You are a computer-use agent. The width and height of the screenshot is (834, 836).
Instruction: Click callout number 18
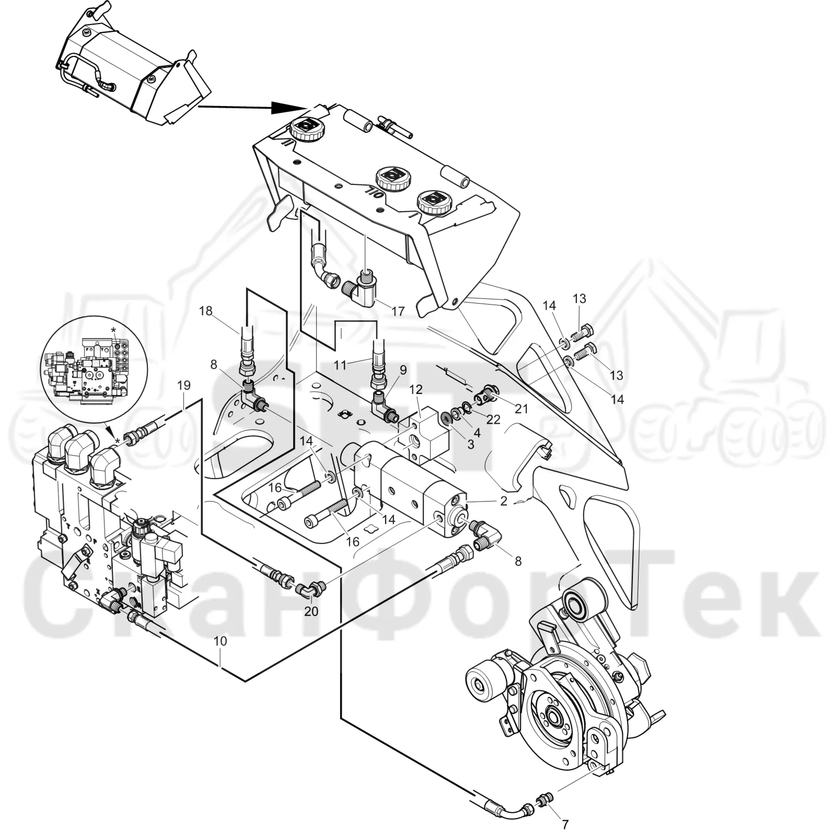pos(206,311)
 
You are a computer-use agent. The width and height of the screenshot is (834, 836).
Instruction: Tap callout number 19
pos(183,386)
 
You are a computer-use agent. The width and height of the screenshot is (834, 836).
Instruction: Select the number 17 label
pos(398,311)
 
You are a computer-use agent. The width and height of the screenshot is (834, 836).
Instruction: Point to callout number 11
pos(340,365)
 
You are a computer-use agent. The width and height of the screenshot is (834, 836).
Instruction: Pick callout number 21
pos(521,408)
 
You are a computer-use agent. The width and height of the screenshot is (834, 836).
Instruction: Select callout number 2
pos(504,501)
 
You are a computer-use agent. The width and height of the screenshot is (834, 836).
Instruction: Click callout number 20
pos(311,611)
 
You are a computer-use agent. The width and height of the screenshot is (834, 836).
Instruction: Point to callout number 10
pos(221,642)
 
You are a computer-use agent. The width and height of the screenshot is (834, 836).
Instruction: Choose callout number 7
pos(565,825)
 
